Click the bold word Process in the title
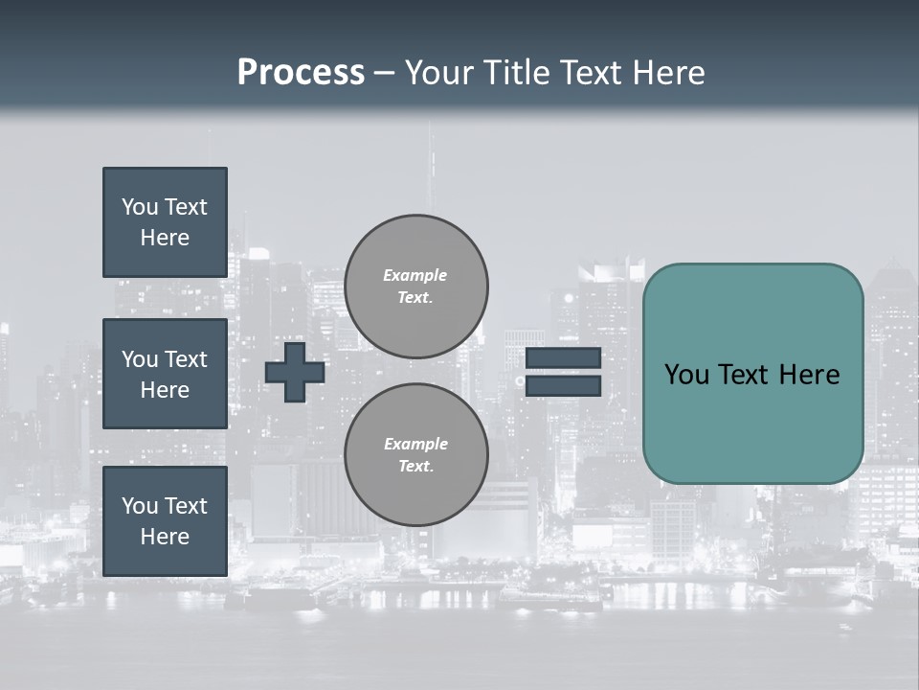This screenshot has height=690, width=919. [301, 73]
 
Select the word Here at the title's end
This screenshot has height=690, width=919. [666, 73]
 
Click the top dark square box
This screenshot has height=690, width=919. [165, 222]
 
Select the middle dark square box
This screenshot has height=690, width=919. [165, 374]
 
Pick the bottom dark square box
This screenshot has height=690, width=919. [165, 520]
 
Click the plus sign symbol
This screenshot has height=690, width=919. [295, 373]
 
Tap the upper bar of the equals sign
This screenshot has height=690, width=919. [563, 358]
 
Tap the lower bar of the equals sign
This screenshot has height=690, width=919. [563, 386]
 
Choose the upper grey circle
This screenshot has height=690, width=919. [415, 286]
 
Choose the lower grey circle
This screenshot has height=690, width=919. [415, 454]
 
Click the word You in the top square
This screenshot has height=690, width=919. [139, 207]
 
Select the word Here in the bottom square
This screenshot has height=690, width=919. [165, 537]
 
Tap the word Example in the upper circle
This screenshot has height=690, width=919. [415, 275]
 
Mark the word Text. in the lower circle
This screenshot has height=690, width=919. [415, 466]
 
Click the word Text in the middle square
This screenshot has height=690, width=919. [186, 359]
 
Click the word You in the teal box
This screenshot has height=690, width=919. [686, 375]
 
